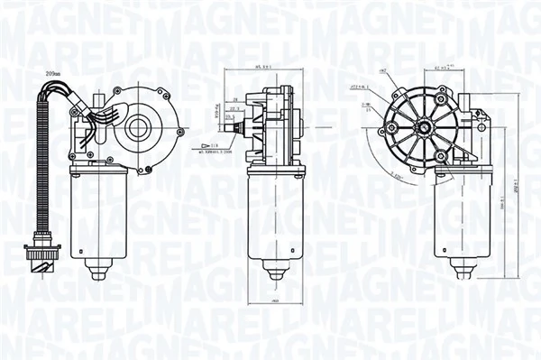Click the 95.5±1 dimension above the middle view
pyautogui.click(x=264, y=68)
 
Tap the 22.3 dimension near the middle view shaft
pyautogui.click(x=235, y=108)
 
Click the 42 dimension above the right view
pyautogui.click(x=442, y=68)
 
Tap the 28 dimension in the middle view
pyautogui.click(x=234, y=100)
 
